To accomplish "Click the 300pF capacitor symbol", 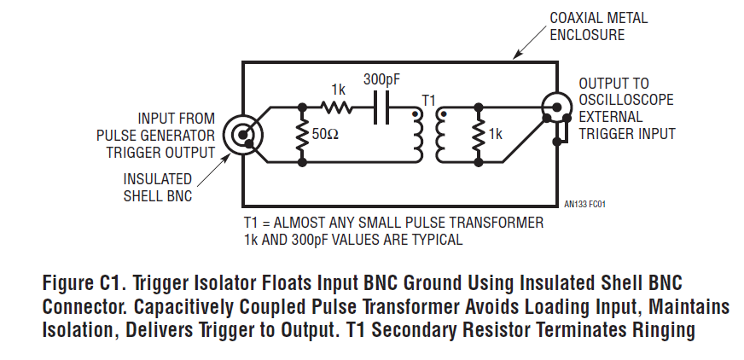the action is coord(381,107).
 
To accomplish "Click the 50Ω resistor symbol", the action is coord(301,135).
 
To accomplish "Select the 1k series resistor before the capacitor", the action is coord(336,107).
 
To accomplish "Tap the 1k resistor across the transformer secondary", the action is coord(479,135).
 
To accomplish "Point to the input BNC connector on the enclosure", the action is coord(242,135).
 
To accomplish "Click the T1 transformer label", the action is coord(428,100).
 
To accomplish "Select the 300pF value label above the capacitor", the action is coord(381,79).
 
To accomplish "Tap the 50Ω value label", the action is coord(325,134).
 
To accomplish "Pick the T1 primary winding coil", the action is coord(417,136).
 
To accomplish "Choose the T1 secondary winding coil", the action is coord(440,136).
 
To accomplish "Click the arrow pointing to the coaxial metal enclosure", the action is coord(530,42).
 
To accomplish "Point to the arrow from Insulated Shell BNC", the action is coord(213,171).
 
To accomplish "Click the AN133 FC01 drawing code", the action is coord(584,205).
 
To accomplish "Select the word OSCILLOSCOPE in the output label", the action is coord(626,100).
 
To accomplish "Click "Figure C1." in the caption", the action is coord(85,283).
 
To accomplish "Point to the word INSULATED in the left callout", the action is coord(158,179).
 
